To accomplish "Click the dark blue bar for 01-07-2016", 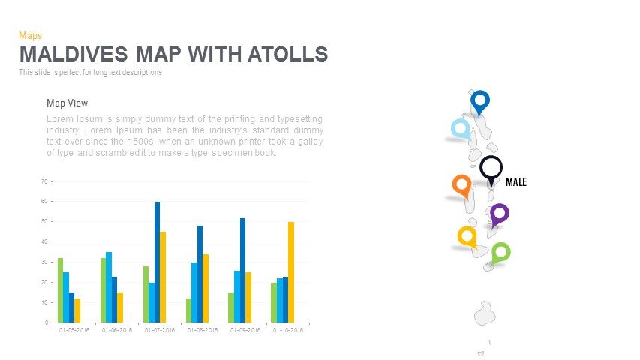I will [x=157, y=262].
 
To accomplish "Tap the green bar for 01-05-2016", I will [x=60, y=290].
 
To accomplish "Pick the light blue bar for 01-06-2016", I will [x=109, y=287].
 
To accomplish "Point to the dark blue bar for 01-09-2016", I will [x=242, y=270].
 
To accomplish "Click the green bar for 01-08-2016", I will [x=189, y=310].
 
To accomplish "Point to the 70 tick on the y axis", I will [x=44, y=181].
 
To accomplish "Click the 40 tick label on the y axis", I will [x=44, y=242].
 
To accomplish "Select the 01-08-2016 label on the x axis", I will [x=203, y=330].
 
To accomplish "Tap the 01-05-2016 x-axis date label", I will [x=74, y=330].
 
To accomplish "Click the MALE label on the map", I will [x=516, y=182].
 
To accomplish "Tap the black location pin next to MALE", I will [x=491, y=169].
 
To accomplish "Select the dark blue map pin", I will [x=479, y=100].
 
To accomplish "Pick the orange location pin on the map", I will [x=461, y=184].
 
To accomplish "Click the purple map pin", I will [x=499, y=214].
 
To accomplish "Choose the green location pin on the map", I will [x=500, y=253].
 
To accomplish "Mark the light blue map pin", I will [x=460, y=129].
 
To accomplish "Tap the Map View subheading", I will [x=68, y=103].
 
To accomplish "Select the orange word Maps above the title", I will [x=30, y=35].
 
